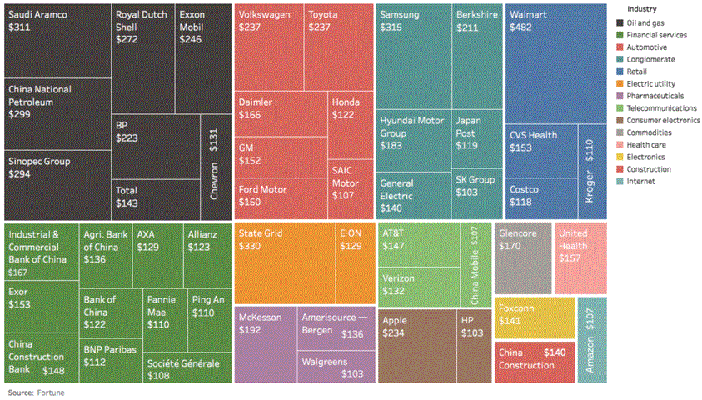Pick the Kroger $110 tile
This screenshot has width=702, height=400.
[592, 171]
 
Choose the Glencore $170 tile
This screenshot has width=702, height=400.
[523, 257]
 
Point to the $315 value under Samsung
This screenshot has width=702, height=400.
[391, 27]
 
